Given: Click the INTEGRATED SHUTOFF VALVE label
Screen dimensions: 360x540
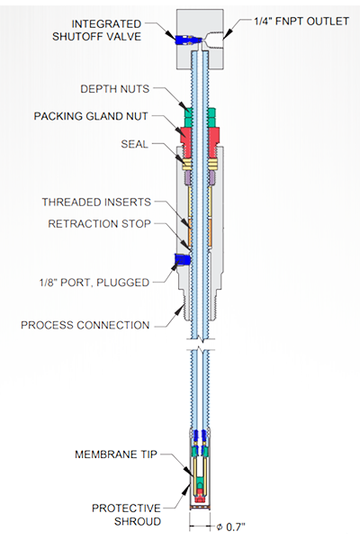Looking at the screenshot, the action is tap(97, 31).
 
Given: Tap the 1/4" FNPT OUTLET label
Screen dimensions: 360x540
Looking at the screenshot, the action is tap(301, 22).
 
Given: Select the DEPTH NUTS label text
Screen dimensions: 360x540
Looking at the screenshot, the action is tap(114, 89).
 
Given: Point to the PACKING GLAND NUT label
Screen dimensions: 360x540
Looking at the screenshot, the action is tap(91, 116).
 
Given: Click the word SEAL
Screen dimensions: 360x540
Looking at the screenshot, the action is tap(134, 144).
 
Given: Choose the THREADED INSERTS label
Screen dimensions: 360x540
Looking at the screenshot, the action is tap(96, 202).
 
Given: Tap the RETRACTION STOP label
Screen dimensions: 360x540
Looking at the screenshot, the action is tap(99, 224).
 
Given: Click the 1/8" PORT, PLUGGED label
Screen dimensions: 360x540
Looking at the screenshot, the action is tap(94, 283).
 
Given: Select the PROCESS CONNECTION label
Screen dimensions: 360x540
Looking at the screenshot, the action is tap(85, 325).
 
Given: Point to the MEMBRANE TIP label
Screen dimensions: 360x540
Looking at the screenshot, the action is tap(116, 454).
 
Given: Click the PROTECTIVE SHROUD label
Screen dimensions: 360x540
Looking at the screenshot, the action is tap(126, 515).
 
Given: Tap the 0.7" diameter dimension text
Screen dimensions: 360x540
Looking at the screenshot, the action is tap(231, 526).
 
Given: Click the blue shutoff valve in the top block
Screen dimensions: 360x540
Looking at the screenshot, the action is tap(186, 40).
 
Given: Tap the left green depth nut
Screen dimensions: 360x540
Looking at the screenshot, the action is tap(188, 117).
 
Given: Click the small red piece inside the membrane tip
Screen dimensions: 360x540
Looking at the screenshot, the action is tap(200, 499).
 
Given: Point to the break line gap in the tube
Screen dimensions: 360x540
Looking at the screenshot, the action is tap(201, 346).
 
